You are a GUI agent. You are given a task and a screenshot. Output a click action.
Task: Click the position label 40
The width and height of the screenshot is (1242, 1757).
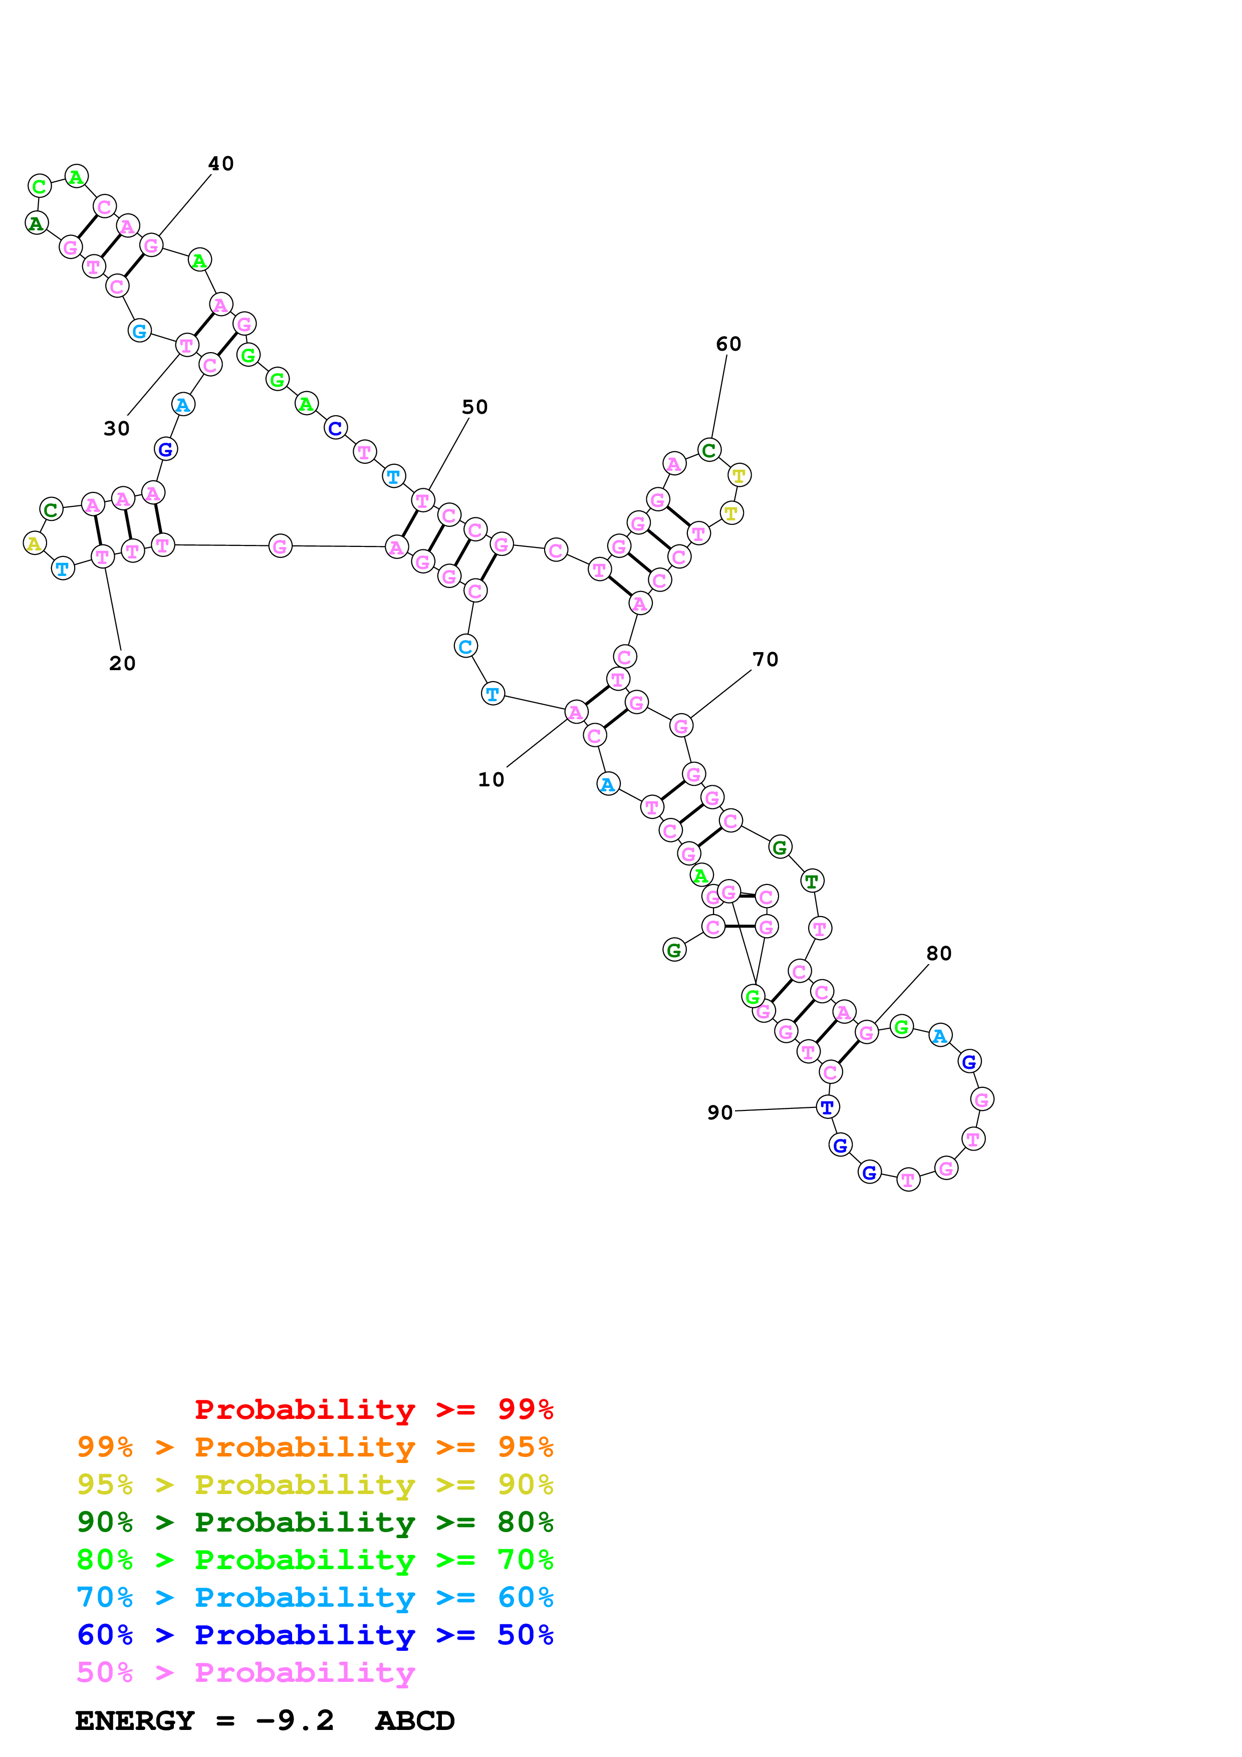point(221,164)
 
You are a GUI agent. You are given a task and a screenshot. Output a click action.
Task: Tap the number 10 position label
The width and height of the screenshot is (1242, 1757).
point(491,780)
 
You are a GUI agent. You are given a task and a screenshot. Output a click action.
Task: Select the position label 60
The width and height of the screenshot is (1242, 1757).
point(728,345)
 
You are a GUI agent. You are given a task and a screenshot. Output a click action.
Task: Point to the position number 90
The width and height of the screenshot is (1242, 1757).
point(720,1113)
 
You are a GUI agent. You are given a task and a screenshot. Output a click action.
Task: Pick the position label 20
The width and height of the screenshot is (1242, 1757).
point(122,664)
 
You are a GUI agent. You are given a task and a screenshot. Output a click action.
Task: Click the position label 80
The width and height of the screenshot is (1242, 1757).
point(939,954)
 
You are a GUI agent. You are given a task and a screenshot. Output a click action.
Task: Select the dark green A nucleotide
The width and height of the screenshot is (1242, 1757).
point(36,223)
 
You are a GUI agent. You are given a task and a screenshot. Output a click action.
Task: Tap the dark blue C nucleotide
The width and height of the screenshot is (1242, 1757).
point(335,429)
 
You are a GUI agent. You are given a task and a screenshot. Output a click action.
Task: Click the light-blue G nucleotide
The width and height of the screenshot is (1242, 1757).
point(139,332)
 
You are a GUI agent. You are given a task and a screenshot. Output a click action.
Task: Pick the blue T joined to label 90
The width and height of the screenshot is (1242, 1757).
point(827,1107)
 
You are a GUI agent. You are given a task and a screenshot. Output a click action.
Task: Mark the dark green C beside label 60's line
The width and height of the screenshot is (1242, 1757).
point(709,451)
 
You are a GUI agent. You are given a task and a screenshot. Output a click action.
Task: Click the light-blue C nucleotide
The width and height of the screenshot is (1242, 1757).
point(465,647)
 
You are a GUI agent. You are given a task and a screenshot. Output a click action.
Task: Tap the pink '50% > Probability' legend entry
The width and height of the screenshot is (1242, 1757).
point(245,1673)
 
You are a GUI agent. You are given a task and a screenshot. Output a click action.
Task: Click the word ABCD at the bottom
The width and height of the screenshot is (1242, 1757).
point(415,1721)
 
